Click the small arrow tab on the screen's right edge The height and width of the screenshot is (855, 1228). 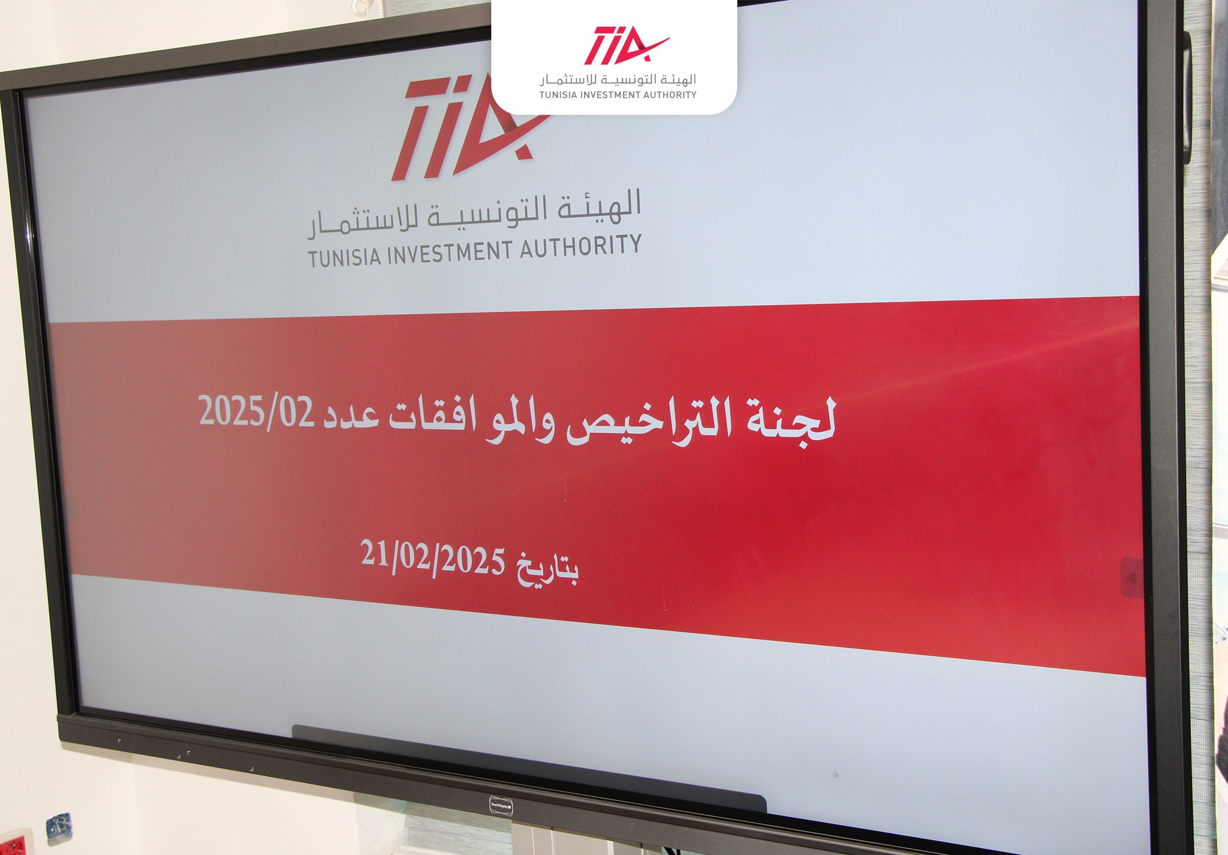(x=1131, y=578)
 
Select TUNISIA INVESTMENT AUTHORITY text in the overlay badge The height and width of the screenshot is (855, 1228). (x=618, y=95)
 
